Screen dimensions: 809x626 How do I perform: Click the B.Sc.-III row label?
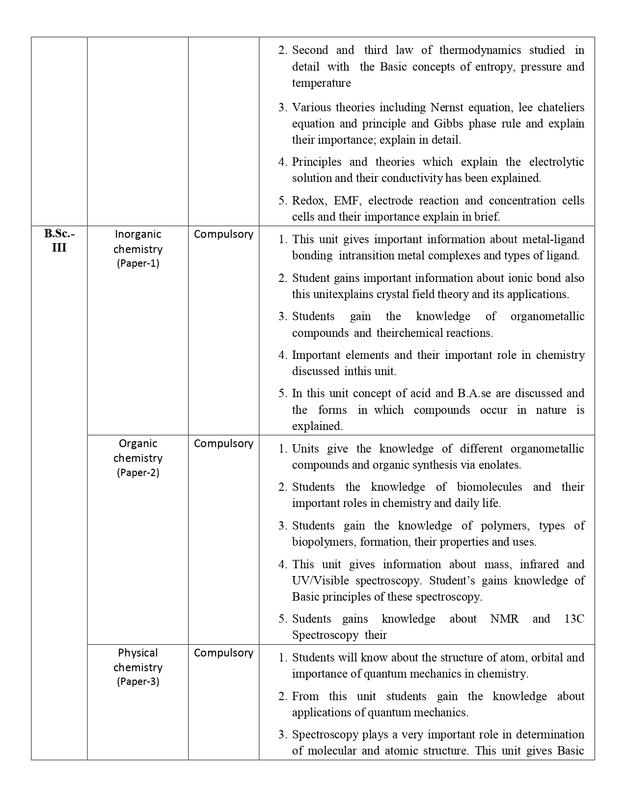[59, 240]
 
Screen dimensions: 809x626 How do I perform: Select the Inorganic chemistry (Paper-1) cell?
[138, 249]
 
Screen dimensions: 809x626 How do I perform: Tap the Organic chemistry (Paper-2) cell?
[138, 458]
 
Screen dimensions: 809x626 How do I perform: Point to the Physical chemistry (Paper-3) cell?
[138, 667]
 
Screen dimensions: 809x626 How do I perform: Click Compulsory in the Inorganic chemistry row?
[223, 234]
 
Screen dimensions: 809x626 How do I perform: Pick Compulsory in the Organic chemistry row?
[223, 444]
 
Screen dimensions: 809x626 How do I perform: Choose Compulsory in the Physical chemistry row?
[223, 653]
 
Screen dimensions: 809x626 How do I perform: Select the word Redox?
[308, 201]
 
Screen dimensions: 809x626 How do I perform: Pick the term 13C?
[574, 619]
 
